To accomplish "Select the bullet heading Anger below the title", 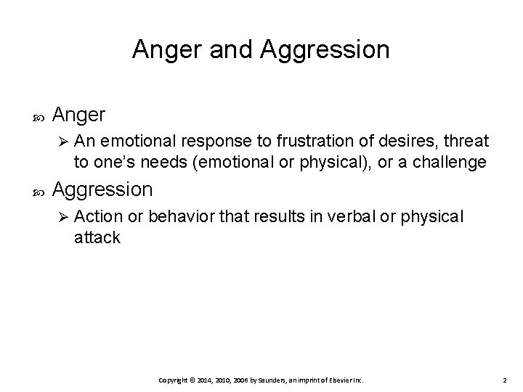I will point(79,115).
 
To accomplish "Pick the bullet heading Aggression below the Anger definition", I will point(102,190).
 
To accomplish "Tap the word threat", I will point(466,141).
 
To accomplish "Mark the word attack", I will point(97,237).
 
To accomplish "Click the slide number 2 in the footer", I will point(503,380).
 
